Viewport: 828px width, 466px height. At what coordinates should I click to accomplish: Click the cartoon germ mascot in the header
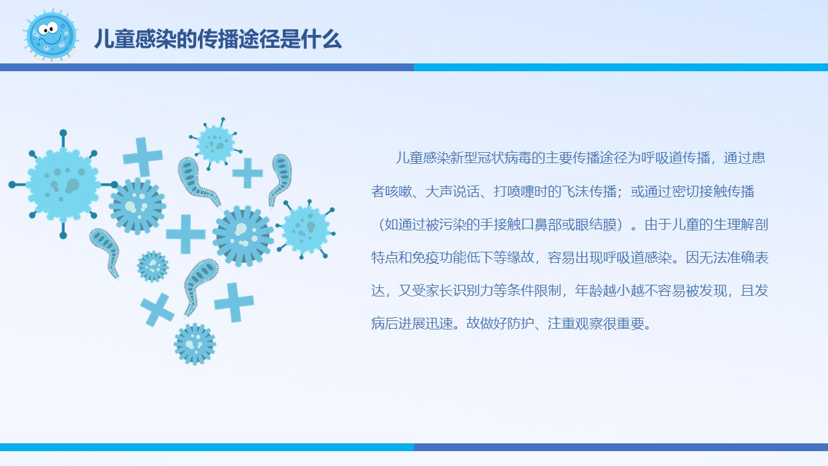point(51,36)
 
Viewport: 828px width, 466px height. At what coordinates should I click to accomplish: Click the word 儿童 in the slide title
point(114,39)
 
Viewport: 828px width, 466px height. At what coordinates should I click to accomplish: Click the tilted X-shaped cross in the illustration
point(157,310)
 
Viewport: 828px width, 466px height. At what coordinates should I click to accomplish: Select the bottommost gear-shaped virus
point(195,344)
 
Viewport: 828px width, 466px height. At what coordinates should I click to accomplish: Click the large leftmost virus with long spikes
point(63,184)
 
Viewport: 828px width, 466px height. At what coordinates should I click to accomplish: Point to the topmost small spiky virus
point(216,144)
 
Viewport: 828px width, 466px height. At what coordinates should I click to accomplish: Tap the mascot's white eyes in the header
point(49,28)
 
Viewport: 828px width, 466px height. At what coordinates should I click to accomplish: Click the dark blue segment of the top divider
point(207,67)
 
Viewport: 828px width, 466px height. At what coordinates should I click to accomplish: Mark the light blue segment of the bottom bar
point(207,447)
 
